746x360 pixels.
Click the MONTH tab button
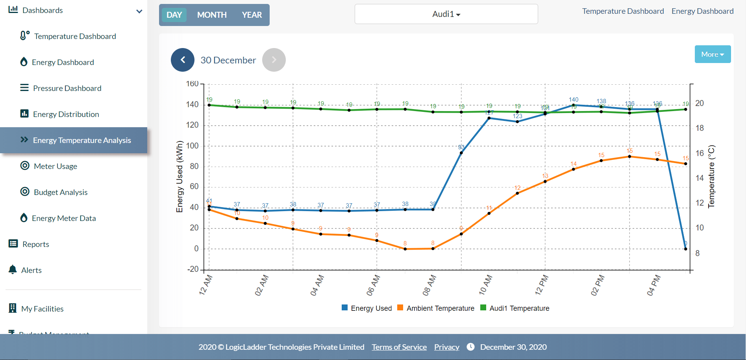212,15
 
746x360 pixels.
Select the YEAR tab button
252,15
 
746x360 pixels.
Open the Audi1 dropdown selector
446,14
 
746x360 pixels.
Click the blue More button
713,54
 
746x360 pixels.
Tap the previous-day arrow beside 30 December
183,60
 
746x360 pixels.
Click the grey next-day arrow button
274,60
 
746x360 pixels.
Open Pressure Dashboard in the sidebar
67,88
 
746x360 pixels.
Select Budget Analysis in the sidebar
61,192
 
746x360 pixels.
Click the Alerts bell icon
13,270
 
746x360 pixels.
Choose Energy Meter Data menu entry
64,218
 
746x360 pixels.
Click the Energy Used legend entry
367,308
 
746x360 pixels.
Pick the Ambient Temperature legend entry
436,308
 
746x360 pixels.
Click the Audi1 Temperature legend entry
515,308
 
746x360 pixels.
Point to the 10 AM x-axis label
485,285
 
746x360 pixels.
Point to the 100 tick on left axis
193,146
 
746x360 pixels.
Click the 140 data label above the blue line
574,100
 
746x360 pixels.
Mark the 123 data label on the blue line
517,116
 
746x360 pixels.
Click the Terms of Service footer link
399,347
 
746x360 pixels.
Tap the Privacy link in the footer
446,347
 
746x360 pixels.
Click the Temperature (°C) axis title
711,176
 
